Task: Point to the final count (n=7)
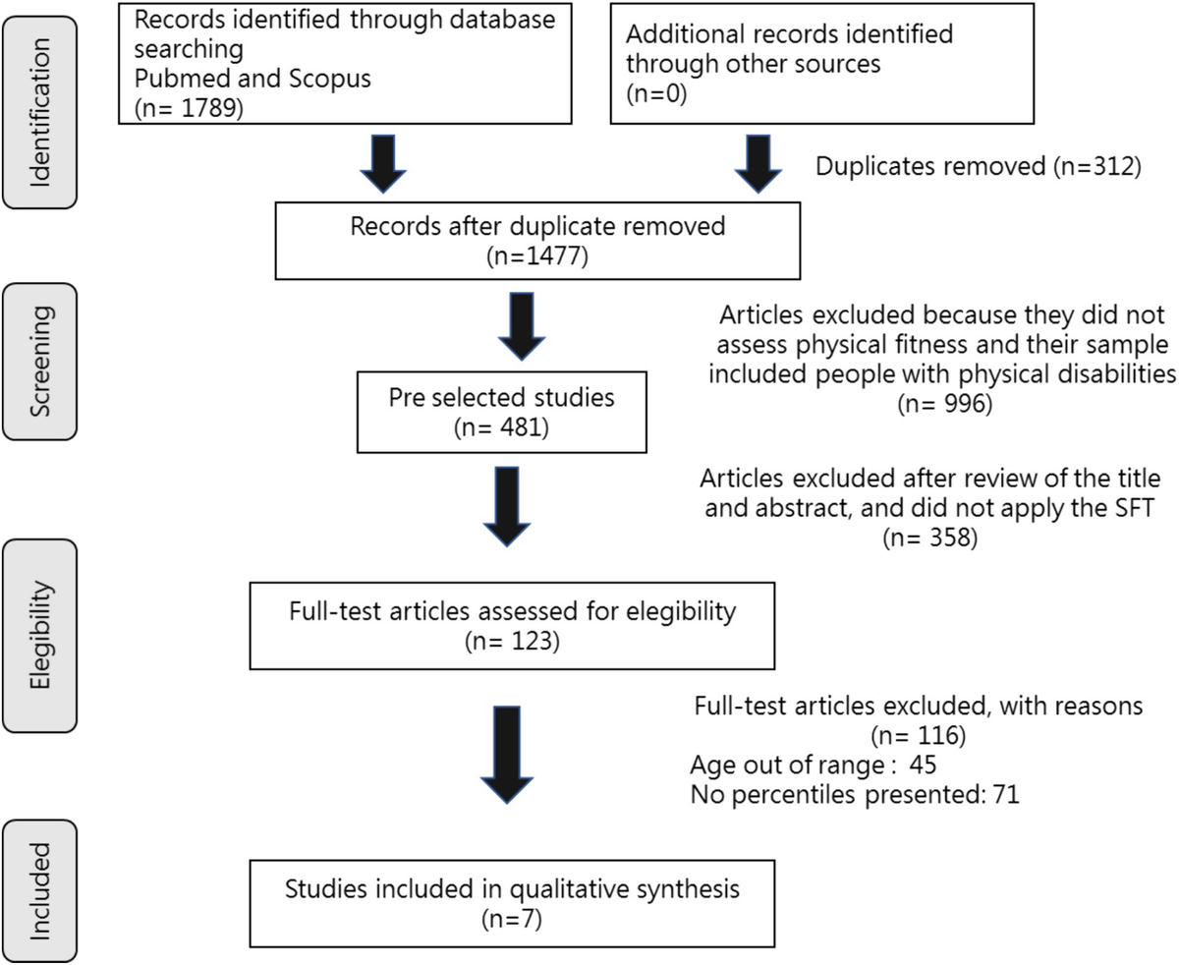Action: pos(512,920)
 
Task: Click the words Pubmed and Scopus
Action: pos(253,78)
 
